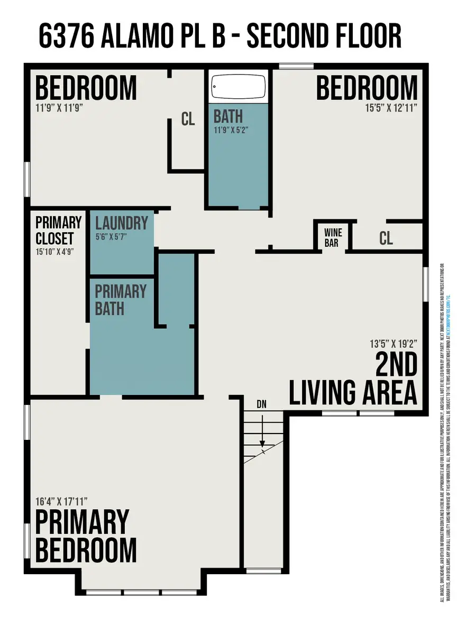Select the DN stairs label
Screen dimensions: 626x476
[x=261, y=404]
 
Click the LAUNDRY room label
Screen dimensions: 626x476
[x=122, y=223]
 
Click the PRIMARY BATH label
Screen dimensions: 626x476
[x=121, y=300]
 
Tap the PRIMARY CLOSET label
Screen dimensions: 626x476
[x=58, y=230]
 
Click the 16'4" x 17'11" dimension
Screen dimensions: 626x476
[x=61, y=501]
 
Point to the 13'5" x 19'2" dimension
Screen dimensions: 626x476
[x=393, y=343]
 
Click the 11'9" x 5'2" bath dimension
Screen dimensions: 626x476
[x=231, y=130]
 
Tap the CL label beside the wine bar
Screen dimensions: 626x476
[x=386, y=238]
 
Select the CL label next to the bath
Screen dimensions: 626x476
[x=188, y=119]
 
